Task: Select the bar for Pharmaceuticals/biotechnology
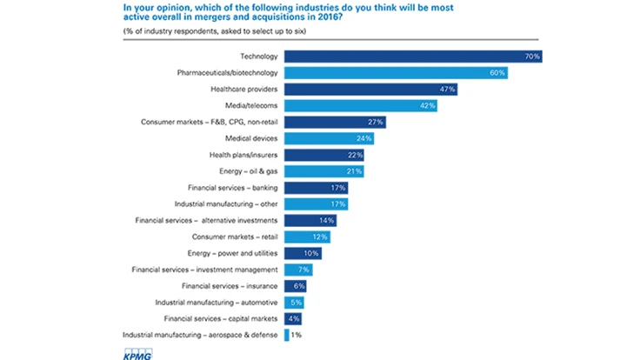pyautogui.click(x=396, y=73)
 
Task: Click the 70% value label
pyautogui.click(x=532, y=57)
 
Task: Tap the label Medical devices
pyautogui.click(x=252, y=139)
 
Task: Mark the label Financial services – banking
pyautogui.click(x=233, y=188)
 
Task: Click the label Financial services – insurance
pyautogui.click(x=230, y=285)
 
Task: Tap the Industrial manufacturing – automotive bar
pyautogui.click(x=294, y=302)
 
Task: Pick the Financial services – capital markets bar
pyautogui.click(x=292, y=318)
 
